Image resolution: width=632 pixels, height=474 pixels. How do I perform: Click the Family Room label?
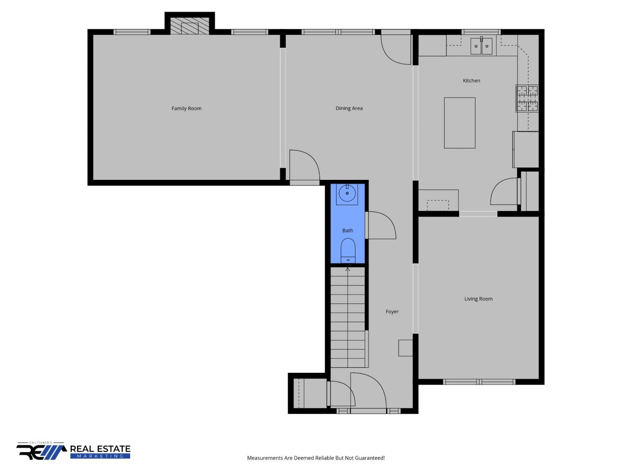point(186,109)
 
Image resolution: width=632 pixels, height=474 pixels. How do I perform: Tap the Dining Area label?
point(349,108)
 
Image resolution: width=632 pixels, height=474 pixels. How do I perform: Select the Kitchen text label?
point(471,80)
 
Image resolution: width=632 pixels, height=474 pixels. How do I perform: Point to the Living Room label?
point(478,299)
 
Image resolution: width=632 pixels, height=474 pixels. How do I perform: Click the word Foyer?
point(392,311)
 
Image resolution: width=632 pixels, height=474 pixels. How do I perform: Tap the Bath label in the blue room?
point(348,230)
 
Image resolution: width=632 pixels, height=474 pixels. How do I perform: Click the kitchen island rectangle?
point(460,123)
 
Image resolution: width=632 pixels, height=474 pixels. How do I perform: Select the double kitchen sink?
point(482,46)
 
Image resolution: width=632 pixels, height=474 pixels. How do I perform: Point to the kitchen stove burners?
point(527,98)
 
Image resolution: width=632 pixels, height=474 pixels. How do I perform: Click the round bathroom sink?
point(347,193)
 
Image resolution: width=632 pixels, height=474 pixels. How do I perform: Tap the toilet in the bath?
point(348,250)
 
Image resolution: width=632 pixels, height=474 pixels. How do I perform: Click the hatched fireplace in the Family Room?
point(190,26)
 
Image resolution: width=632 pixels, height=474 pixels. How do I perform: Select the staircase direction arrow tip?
point(348,268)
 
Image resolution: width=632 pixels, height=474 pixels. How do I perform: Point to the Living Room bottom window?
point(479,382)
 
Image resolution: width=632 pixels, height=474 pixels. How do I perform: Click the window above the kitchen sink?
point(481,32)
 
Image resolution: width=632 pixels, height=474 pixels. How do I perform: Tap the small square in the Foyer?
point(406,348)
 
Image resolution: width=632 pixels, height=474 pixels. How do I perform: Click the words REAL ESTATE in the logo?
point(100,449)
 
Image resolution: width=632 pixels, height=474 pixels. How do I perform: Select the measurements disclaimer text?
point(316,458)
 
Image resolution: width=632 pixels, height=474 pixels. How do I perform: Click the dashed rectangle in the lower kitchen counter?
point(438,205)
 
